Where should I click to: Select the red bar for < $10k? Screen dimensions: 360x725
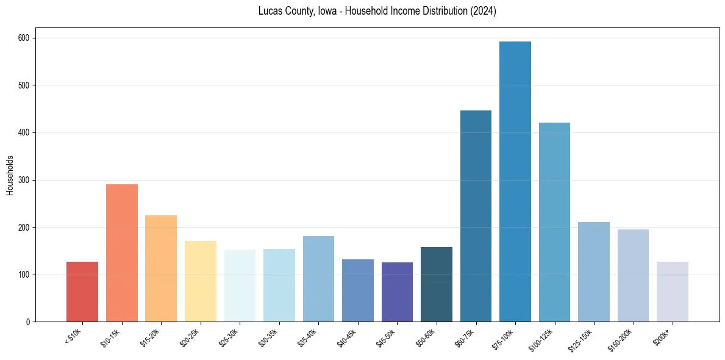(82, 292)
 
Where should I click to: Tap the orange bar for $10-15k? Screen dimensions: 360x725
(122, 253)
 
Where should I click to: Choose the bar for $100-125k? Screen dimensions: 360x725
(554, 222)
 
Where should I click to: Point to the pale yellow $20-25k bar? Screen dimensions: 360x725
(201, 281)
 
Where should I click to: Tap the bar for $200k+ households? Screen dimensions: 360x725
(673, 292)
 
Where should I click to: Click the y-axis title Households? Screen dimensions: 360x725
(10, 175)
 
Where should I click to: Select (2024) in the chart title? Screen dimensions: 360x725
(484, 11)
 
